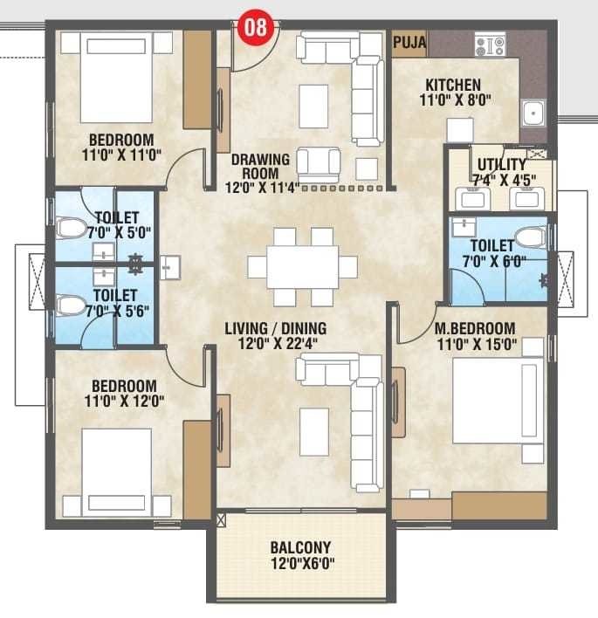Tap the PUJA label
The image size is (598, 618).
coord(409,41)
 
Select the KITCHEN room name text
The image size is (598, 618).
coord(453,85)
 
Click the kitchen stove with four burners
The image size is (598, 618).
coord(490,45)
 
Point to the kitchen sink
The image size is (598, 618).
coord(533,112)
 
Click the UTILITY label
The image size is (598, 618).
coord(501,164)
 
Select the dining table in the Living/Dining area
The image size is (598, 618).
coord(302,266)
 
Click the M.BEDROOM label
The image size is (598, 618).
coord(476,328)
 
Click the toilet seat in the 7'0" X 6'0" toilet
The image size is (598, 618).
coord(530,237)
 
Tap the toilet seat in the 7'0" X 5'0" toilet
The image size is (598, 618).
coord(71,229)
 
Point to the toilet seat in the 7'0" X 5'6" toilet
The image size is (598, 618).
coord(71,306)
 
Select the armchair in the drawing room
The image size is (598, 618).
coord(318,163)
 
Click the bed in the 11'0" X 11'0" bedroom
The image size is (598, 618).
coord(117,78)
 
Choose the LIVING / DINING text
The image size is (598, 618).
coord(275,328)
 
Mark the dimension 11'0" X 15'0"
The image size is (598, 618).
coord(476,345)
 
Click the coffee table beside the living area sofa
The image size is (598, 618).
coord(313,431)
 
